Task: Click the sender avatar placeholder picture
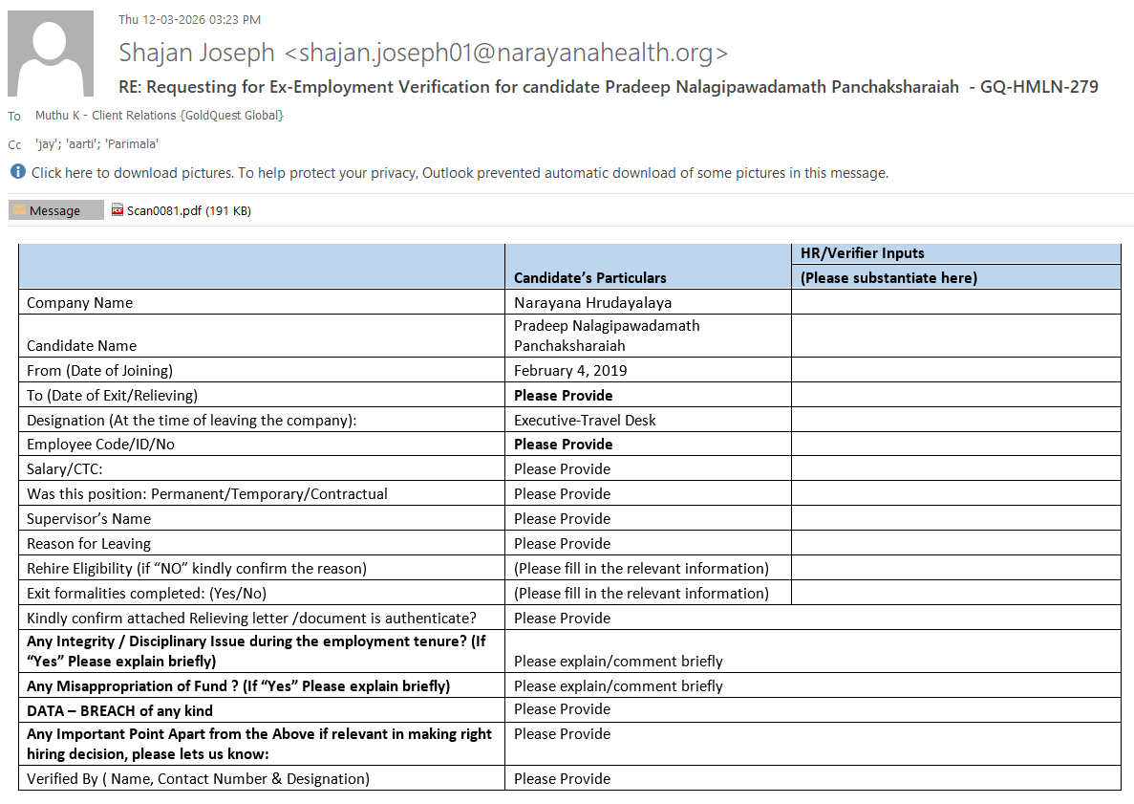[51, 54]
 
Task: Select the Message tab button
[55, 210]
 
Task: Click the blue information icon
[17, 172]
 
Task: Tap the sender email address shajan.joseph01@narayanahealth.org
[506, 53]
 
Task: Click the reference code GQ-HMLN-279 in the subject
[1038, 87]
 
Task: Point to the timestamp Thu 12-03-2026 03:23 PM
[189, 19]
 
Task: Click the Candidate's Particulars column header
[589, 277]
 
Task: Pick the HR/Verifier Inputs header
[862, 253]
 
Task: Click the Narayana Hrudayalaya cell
[592, 303]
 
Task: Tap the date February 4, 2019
[570, 370]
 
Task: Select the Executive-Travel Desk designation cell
[585, 420]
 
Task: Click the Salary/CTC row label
[65, 469]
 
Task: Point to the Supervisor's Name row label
[89, 519]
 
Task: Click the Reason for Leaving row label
[89, 544]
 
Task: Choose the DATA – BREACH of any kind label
[119, 710]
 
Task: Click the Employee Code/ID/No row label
[100, 445]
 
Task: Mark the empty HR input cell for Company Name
[955, 303]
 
